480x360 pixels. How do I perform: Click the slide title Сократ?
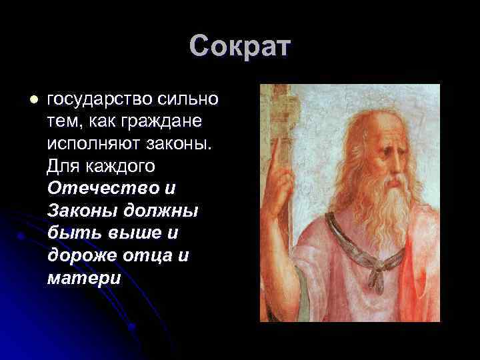[240, 47]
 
